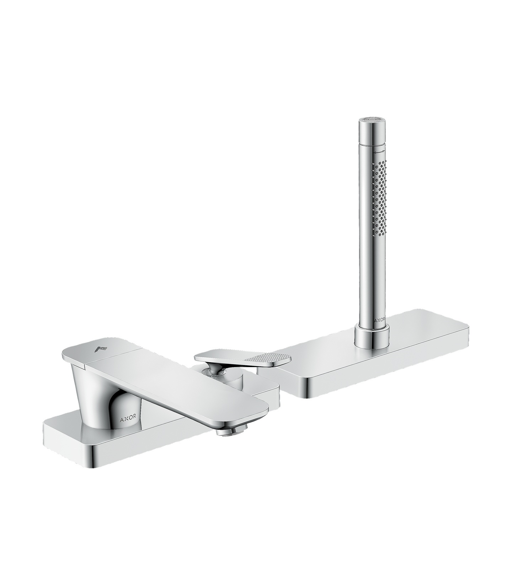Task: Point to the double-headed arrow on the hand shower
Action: click(379, 151)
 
